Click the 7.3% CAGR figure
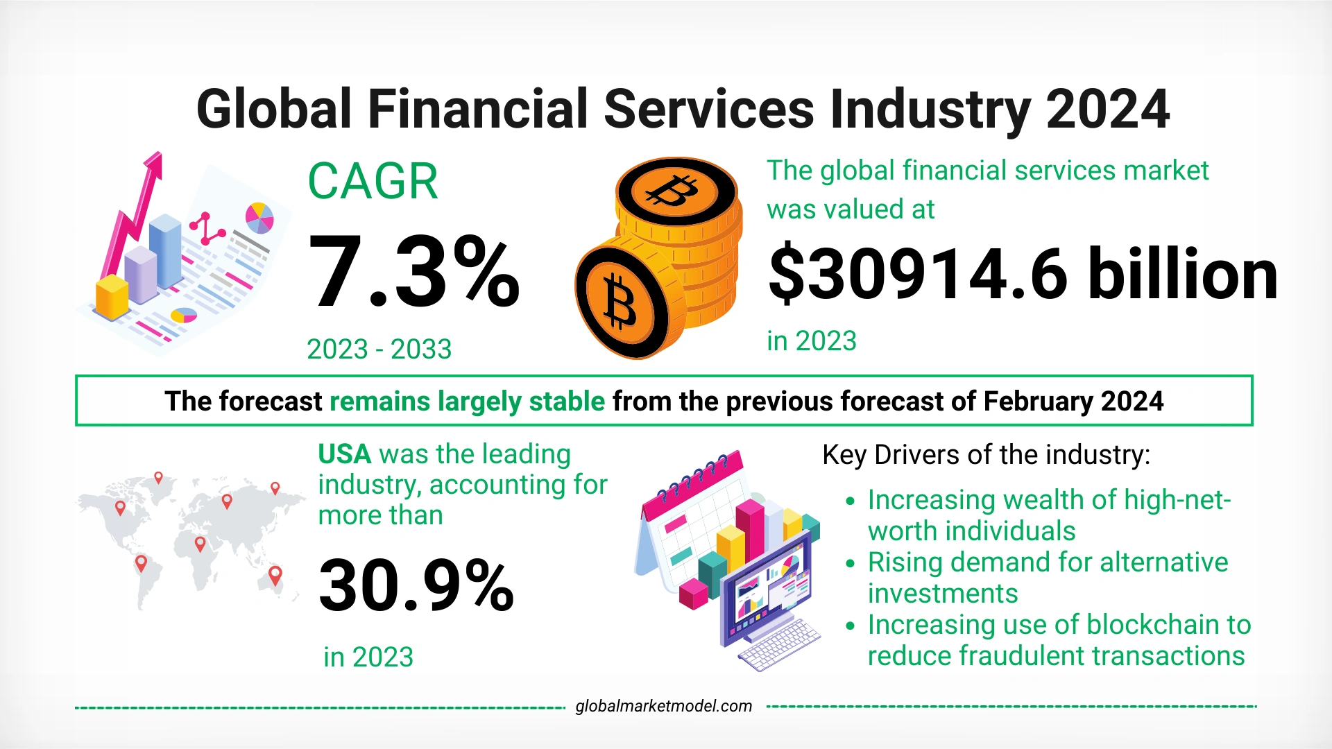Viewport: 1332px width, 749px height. click(413, 272)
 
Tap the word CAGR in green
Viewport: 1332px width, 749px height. click(373, 182)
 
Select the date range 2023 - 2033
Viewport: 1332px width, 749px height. click(379, 349)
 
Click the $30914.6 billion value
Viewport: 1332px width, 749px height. click(1023, 275)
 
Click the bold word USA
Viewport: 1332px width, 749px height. click(345, 454)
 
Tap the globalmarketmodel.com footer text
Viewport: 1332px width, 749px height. click(663, 706)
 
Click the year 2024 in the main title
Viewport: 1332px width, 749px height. click(1107, 110)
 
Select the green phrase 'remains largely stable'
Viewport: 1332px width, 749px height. click(467, 402)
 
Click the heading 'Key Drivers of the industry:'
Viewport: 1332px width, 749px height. click(986, 455)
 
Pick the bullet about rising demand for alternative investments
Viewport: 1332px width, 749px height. click(1048, 577)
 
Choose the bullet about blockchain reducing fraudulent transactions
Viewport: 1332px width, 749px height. click(1058, 639)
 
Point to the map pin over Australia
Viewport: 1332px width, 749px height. click(275, 575)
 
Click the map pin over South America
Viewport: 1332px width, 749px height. click(141, 562)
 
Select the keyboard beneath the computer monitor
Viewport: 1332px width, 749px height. click(778, 645)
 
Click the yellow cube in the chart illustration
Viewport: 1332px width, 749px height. click(112, 297)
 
